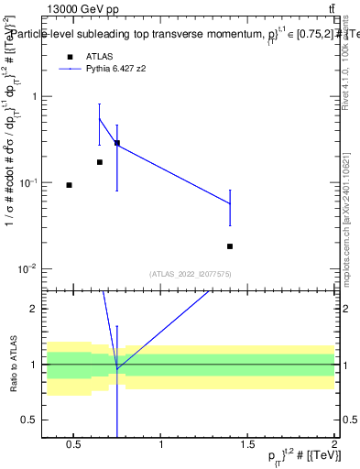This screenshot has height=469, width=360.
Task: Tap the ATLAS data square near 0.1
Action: click(69, 185)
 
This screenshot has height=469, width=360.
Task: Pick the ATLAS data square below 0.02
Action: click(230, 246)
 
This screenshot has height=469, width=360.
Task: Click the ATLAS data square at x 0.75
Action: click(117, 143)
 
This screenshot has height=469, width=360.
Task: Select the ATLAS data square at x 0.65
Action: click(100, 162)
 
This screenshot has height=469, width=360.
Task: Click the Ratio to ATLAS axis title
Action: click(13, 365)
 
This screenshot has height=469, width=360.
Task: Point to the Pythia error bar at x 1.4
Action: click(230, 207)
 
